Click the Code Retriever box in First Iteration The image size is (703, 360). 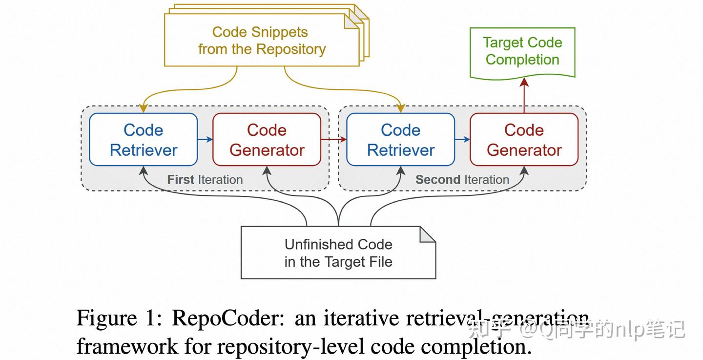coord(143,140)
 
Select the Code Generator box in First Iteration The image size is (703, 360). coord(267,140)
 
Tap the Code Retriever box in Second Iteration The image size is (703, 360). coord(400,140)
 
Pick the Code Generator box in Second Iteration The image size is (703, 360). coord(524,140)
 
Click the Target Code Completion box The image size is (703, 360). coord(522,52)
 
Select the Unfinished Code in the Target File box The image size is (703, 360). coord(338,253)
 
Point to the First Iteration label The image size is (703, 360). coord(205,180)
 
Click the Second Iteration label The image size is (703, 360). coord(462,180)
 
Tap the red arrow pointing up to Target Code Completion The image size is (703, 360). coord(524,95)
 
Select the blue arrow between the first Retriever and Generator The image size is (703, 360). coord(205,140)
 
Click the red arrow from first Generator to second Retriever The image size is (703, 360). coord(333,140)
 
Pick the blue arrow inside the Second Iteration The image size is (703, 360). coord(462,140)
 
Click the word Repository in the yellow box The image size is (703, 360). coord(290,49)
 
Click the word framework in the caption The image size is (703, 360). coord(127,346)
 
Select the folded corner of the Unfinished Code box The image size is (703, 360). coord(427,234)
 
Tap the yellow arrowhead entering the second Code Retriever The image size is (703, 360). coord(400,108)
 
